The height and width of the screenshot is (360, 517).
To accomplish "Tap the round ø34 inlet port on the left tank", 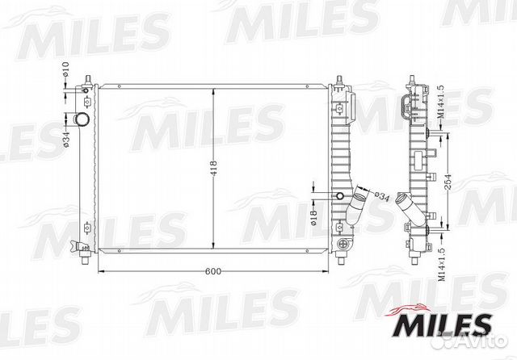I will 81,120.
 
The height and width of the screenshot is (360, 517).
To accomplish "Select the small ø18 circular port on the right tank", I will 340,196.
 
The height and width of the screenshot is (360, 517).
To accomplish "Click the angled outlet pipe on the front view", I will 355,209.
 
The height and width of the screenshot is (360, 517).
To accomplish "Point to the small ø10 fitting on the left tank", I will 85,103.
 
